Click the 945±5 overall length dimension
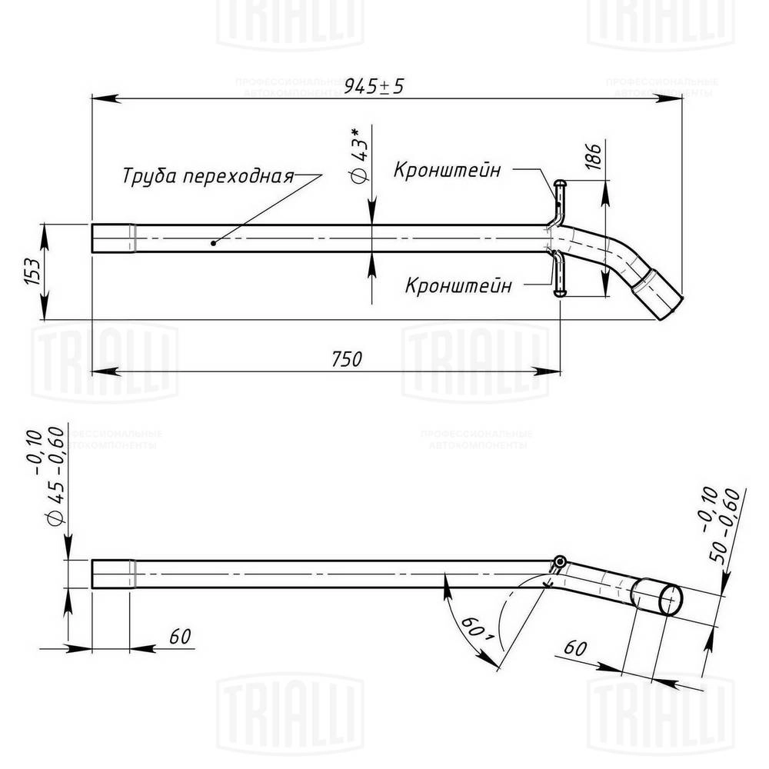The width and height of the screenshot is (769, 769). (x=374, y=86)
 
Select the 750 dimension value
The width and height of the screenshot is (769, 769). (x=346, y=358)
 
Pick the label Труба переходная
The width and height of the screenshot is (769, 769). (x=208, y=176)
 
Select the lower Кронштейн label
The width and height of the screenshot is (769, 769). (x=458, y=286)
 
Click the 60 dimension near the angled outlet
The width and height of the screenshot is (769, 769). (x=575, y=647)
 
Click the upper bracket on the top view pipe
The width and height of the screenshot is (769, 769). (x=558, y=199)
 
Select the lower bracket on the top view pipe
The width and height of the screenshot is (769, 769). (x=558, y=278)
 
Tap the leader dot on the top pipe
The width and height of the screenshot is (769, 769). (x=215, y=242)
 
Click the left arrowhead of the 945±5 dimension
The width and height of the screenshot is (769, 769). (x=97, y=98)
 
